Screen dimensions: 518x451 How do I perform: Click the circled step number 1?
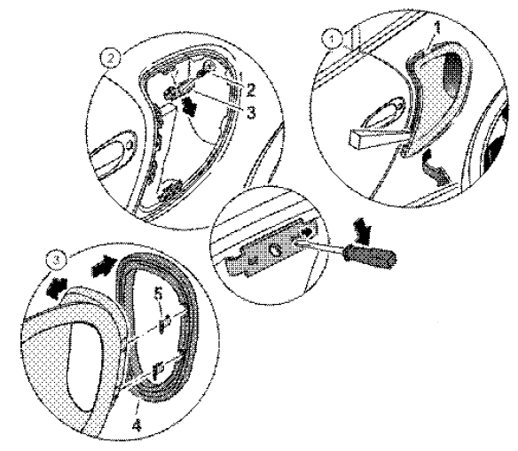[333, 40]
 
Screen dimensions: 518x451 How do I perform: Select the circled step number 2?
[111, 59]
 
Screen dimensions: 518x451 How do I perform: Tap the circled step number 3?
[57, 260]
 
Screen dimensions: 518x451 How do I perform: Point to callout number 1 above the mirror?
[437, 28]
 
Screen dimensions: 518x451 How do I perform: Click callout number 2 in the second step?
[250, 89]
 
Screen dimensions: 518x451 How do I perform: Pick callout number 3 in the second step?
[251, 113]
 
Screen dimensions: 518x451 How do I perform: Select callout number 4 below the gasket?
[137, 425]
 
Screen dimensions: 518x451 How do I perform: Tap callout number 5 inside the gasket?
[159, 293]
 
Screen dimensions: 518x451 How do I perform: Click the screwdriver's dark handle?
[369, 255]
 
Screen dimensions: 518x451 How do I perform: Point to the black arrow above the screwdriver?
[362, 232]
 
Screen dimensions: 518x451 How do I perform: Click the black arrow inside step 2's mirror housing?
[189, 106]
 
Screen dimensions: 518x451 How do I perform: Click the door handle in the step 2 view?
[114, 153]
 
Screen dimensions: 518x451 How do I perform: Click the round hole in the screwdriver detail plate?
[275, 251]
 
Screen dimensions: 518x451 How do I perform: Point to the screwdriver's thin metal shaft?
[320, 248]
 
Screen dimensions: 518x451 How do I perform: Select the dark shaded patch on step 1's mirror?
[452, 74]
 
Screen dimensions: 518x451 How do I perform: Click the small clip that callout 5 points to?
[165, 323]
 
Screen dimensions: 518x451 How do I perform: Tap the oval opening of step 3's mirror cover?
[84, 366]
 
